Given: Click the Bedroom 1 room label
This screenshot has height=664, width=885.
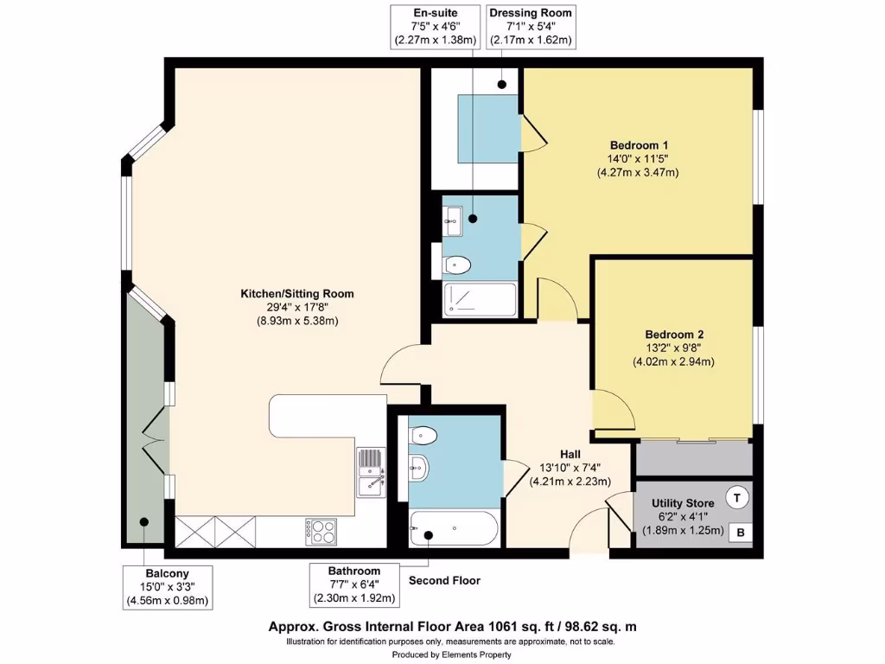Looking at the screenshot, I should pyautogui.click(x=639, y=144).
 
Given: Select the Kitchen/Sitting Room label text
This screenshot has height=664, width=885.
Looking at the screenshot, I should pyautogui.click(x=296, y=294).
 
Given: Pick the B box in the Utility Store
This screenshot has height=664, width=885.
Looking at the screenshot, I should pyautogui.click(x=741, y=533).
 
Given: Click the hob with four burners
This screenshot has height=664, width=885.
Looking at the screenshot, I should pyautogui.click(x=321, y=531).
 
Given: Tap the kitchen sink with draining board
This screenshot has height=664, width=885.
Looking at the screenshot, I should pyautogui.click(x=371, y=474).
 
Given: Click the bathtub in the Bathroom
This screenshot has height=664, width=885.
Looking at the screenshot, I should pyautogui.click(x=453, y=527).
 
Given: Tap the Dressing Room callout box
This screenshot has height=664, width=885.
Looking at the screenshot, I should pyautogui.click(x=530, y=27).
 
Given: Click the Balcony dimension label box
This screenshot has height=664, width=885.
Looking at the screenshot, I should pyautogui.click(x=167, y=587).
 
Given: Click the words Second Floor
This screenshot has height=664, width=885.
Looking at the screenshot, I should pyautogui.click(x=444, y=581).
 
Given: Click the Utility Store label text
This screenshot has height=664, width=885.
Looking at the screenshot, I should pyautogui.click(x=688, y=503).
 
